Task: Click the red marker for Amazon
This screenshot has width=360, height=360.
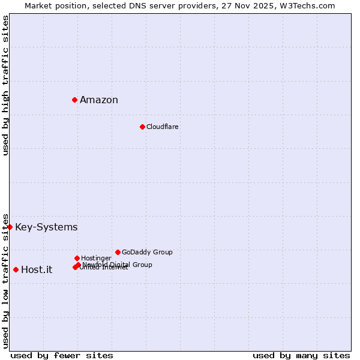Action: pyautogui.click(x=74, y=100)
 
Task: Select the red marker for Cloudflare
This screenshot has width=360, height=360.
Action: pyautogui.click(x=142, y=127)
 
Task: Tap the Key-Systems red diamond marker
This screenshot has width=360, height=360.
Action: pyautogui.click(x=10, y=227)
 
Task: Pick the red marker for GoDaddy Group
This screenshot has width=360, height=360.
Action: pyautogui.click(x=118, y=252)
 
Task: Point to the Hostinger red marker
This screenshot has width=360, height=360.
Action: pyautogui.click(x=77, y=258)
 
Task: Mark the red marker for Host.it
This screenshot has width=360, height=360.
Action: pyautogui.click(x=16, y=269)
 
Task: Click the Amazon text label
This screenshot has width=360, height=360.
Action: pyautogui.click(x=99, y=100)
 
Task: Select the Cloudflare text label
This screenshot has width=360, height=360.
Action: pyautogui.click(x=163, y=127)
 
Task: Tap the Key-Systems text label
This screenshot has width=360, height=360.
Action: pyautogui.click(x=46, y=227)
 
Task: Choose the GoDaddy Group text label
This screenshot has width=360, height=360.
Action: pyautogui.click(x=147, y=252)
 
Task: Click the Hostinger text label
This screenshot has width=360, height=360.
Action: pyautogui.click(x=96, y=258)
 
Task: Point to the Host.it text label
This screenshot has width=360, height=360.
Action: pyautogui.click(x=37, y=270)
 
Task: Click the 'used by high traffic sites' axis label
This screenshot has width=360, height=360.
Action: pyautogui.click(x=6, y=85)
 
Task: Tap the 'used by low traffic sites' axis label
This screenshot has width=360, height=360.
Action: pyautogui.click(x=6, y=280)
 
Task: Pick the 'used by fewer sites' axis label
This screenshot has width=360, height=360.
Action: pyautogui.click(x=62, y=355)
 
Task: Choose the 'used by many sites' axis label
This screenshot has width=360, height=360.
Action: pyautogui.click(x=301, y=355)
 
